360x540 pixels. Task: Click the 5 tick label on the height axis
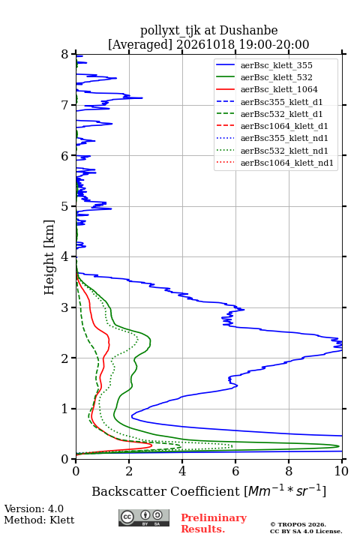[65, 206]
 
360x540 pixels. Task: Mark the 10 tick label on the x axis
[341, 471]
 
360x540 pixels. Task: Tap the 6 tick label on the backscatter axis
[235, 471]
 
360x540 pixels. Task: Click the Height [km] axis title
[49, 257]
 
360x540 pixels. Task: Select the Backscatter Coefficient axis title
[208, 491]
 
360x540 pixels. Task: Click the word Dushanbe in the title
[248, 31]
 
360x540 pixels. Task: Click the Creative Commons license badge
[144, 517]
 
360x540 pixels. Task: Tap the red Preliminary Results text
[214, 523]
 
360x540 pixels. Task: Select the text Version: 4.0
[34, 508]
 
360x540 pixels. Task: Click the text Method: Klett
[39, 520]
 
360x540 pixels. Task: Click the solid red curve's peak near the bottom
[151, 445]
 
